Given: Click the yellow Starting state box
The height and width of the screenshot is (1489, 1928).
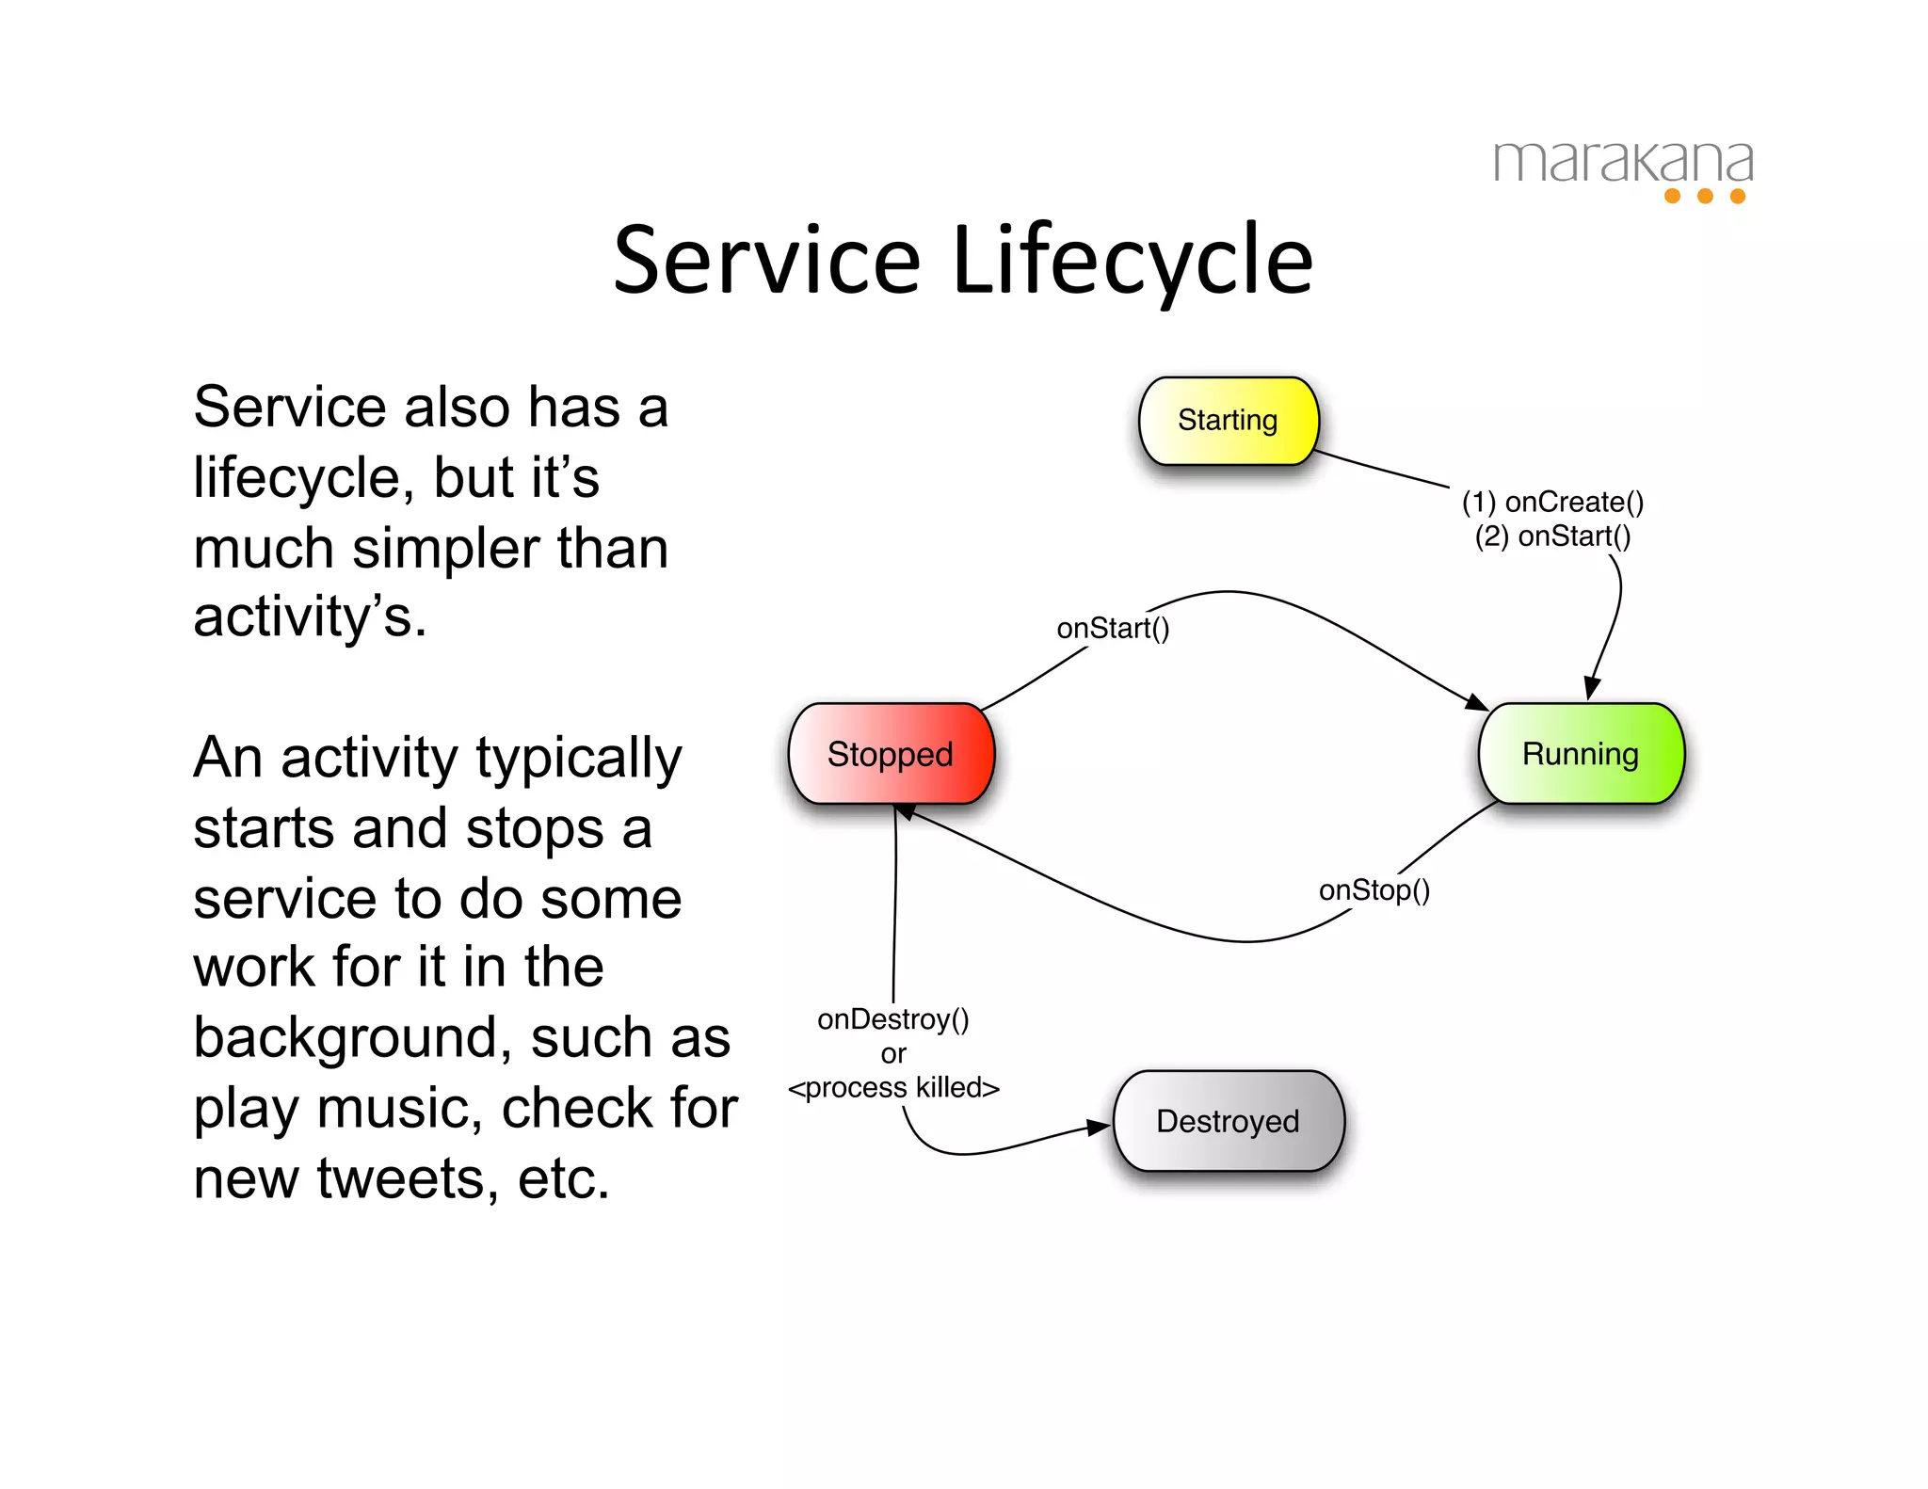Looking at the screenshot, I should (1228, 421).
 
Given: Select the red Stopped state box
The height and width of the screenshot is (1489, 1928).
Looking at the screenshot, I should (891, 754).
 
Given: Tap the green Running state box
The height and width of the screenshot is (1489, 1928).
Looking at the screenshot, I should (1581, 754).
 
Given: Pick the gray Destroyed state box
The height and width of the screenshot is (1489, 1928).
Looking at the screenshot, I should (1228, 1121).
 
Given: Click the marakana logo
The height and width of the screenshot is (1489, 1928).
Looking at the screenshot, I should (1623, 164).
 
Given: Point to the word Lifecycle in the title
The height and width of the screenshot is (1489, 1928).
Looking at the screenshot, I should (1133, 261).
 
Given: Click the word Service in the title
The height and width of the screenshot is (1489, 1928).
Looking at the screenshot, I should (766, 261).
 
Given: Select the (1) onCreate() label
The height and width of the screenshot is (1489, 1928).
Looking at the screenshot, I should (1552, 502).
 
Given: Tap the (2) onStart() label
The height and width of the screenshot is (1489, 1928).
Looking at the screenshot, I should (1552, 536).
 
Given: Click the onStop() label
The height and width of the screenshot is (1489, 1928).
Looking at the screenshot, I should (1374, 890).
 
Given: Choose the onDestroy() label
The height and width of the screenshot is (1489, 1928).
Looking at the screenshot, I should (892, 1019).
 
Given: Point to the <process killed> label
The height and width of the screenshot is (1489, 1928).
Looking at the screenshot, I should (893, 1088).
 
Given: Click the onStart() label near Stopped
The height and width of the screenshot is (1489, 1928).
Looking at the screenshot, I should (1113, 628).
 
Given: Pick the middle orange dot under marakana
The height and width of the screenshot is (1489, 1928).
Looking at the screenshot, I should (1705, 196).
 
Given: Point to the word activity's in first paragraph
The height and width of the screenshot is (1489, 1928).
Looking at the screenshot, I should (310, 617).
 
